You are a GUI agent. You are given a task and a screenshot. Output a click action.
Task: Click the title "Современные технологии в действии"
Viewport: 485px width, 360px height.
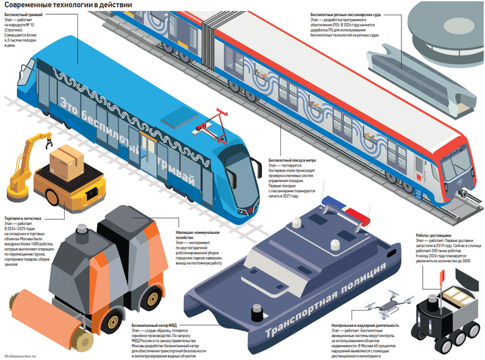pyautogui.click(x=61, y=5)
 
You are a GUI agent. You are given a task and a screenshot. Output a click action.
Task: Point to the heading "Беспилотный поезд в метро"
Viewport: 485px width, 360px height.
pyautogui.click(x=292, y=161)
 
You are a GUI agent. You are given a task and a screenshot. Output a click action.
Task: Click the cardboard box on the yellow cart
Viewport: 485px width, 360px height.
pyautogui.click(x=70, y=160)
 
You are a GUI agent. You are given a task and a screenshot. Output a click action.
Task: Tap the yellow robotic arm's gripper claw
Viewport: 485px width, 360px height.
pyautogui.click(x=46, y=141)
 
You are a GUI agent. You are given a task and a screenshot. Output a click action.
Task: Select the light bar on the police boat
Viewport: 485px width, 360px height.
pyautogui.click(x=348, y=210)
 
